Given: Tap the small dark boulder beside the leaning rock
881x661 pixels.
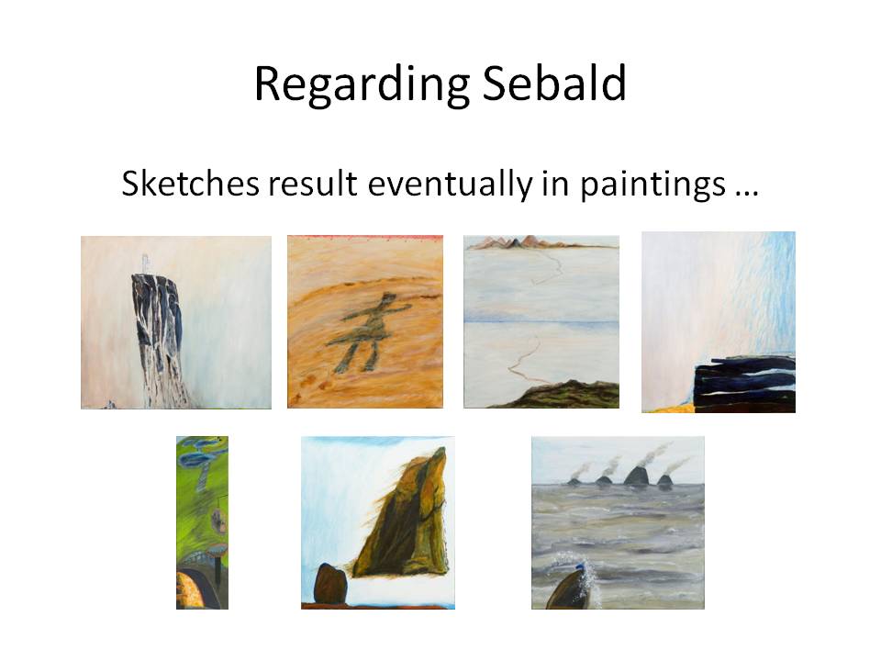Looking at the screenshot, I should [x=329, y=584].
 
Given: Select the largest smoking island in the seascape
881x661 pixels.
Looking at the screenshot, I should [x=635, y=475].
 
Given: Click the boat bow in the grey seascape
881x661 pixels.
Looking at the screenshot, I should [x=569, y=589].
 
